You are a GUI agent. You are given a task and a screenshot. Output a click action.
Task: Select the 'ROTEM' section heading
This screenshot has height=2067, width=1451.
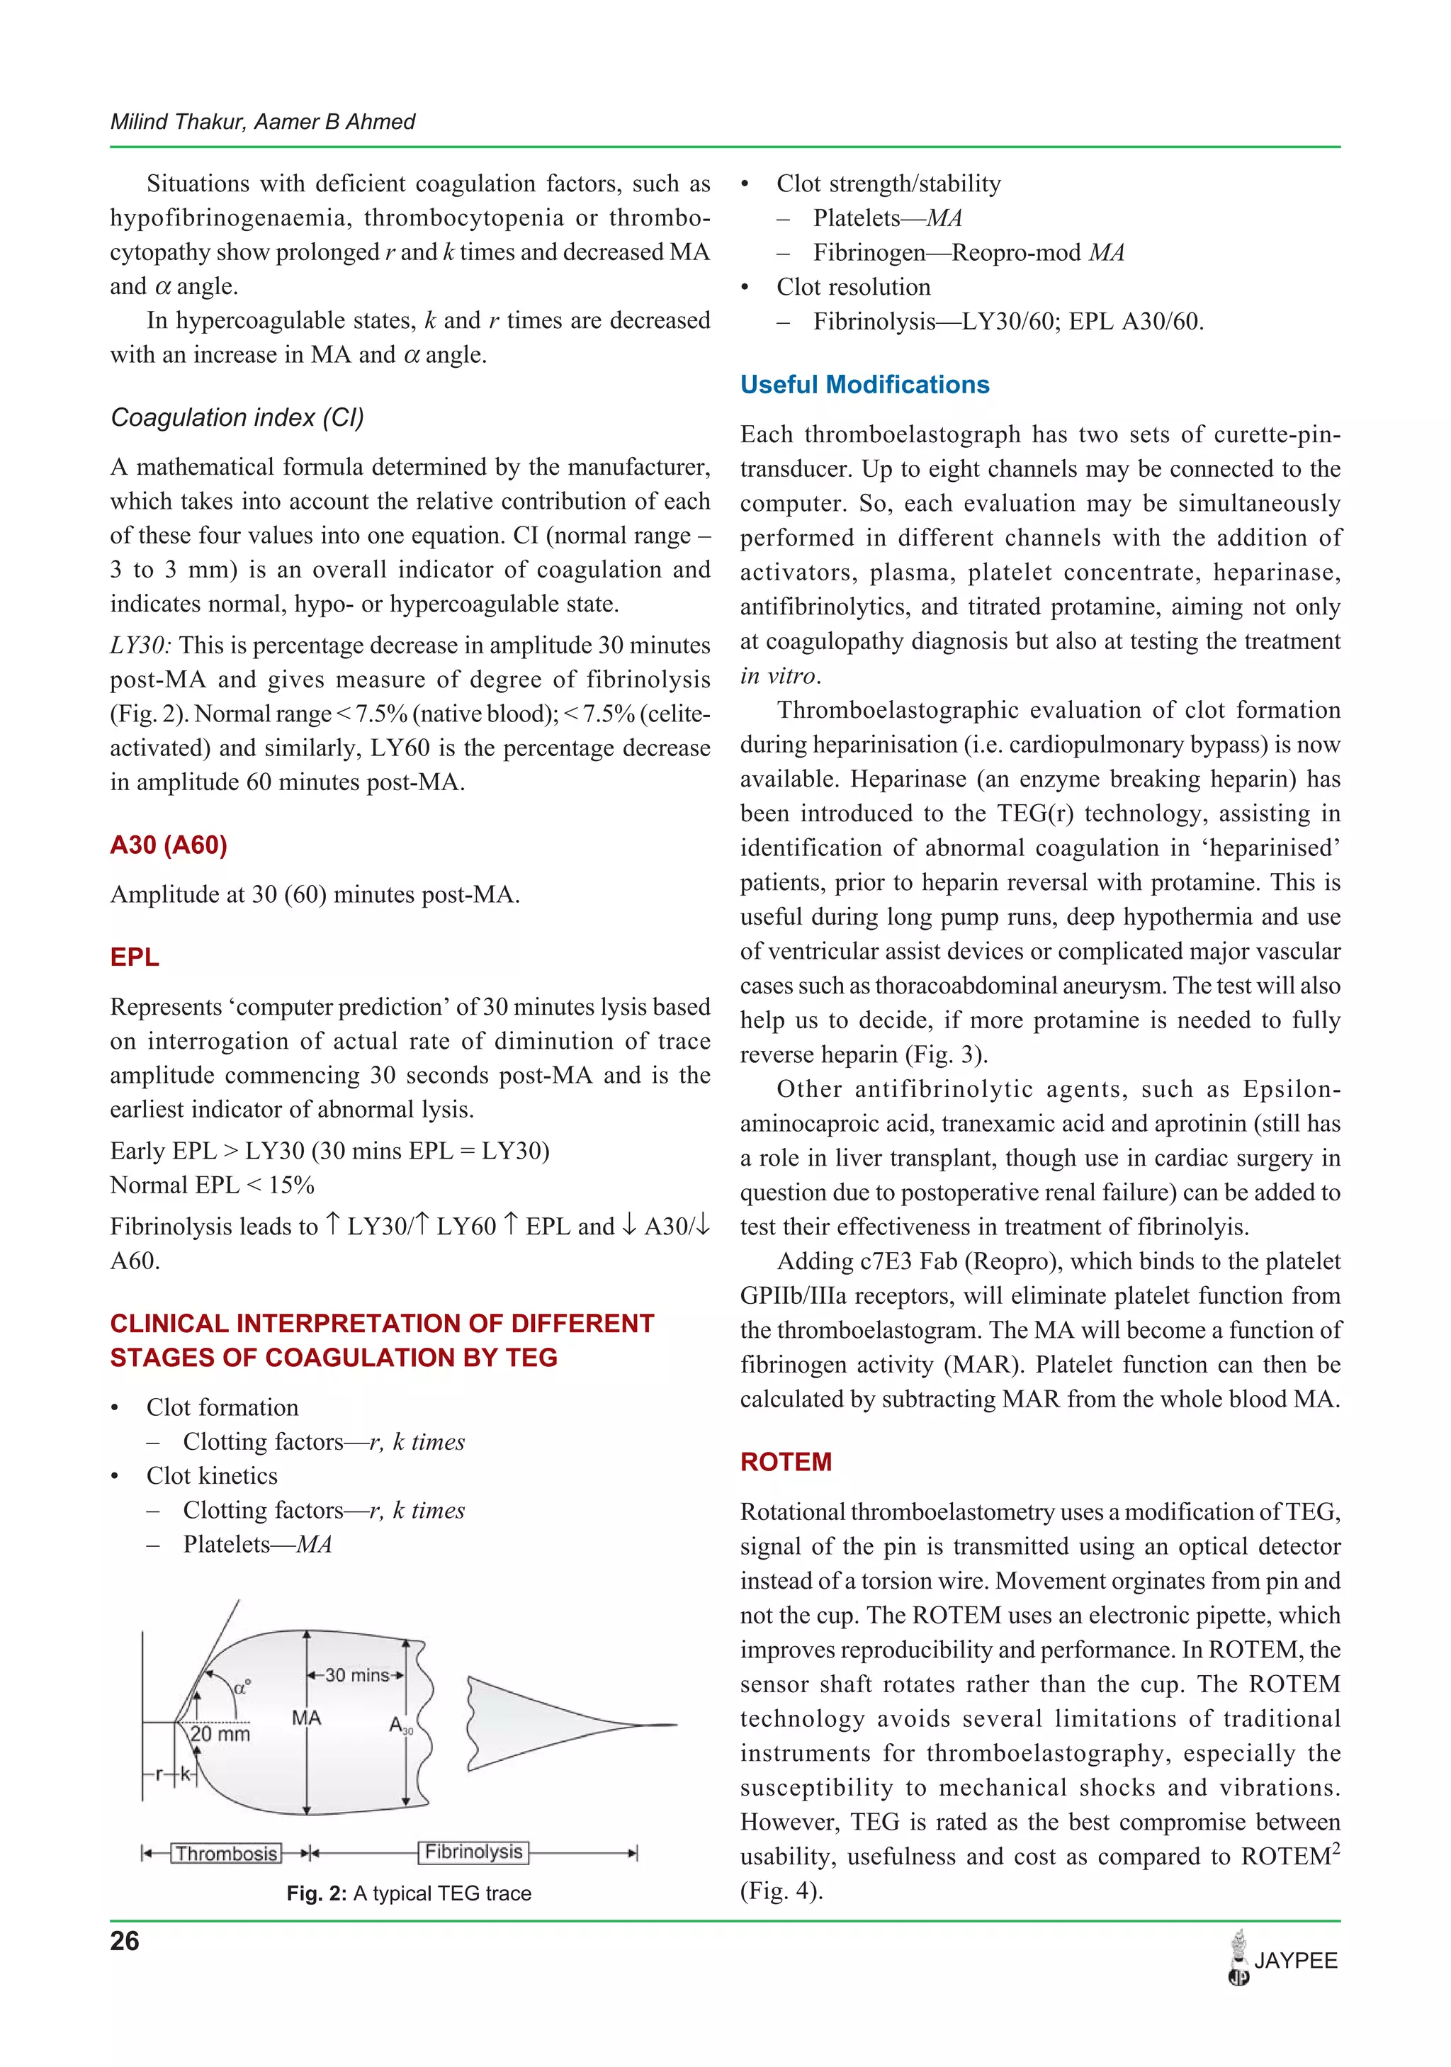click(x=786, y=1461)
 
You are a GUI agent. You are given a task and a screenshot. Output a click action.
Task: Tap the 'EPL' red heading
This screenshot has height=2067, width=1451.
click(x=134, y=957)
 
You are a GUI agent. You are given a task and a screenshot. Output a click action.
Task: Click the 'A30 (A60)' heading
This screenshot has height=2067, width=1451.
click(x=169, y=845)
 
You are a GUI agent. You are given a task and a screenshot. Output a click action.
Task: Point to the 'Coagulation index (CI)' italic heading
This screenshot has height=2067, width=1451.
click(x=237, y=417)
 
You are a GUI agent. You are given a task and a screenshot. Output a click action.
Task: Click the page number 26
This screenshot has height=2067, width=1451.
click(x=124, y=1941)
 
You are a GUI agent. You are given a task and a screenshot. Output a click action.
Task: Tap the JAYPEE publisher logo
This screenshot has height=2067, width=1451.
click(x=1282, y=1960)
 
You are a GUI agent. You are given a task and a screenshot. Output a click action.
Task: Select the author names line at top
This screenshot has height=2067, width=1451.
click(x=262, y=122)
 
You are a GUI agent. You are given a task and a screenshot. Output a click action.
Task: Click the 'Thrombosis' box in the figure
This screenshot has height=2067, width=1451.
click(x=226, y=1853)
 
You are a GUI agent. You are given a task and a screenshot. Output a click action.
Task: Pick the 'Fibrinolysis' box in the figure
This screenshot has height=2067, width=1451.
click(x=473, y=1851)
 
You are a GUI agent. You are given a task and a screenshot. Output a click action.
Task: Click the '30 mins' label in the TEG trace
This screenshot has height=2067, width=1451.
click(x=356, y=1675)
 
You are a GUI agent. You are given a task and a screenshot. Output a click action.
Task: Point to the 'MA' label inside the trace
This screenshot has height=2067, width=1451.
click(x=306, y=1718)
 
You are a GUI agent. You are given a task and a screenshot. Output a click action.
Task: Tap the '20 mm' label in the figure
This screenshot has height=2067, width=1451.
click(x=220, y=1734)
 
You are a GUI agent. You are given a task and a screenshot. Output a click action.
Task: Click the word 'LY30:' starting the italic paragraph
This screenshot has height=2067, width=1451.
click(x=140, y=646)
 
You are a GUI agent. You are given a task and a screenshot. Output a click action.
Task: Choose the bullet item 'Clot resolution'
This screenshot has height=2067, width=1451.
click(x=852, y=287)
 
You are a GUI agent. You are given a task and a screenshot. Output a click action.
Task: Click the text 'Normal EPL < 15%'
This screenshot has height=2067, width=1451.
click(x=212, y=1185)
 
